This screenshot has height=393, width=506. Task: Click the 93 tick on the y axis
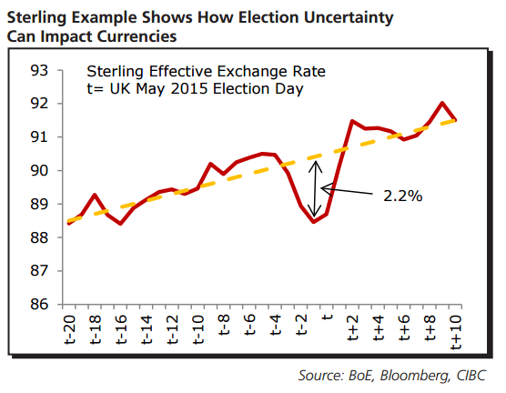point(38,70)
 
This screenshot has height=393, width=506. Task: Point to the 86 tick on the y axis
point(38,305)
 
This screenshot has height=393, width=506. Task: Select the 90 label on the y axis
point(38,171)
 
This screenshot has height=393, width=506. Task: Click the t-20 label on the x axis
point(69,327)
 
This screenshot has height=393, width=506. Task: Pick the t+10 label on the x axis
point(457,331)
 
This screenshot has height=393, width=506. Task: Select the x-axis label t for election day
point(328,319)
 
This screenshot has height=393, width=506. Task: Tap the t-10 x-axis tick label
point(198,327)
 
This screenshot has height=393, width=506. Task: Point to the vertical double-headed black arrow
point(319,189)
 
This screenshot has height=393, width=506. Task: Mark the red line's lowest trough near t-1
point(314,221)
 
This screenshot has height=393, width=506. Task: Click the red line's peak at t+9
point(442,104)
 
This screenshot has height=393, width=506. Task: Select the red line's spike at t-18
point(95,195)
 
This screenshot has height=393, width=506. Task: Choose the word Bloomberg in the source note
point(412,375)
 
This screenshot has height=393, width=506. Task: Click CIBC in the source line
point(471,375)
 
